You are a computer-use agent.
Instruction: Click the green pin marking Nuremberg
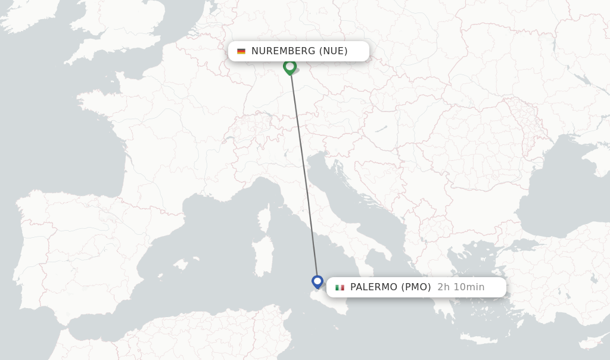coord(290,66)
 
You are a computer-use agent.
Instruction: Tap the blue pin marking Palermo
coord(318,281)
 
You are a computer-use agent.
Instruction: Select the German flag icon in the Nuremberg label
coord(241,51)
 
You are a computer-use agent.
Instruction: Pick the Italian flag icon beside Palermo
coord(340,287)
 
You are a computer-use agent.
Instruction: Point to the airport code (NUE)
coord(334,51)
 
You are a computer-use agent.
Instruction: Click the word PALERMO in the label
coord(374,287)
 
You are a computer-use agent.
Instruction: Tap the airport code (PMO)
coord(416,287)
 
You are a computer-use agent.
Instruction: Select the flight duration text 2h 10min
coord(461,287)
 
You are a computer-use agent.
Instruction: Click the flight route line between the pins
coord(304,173)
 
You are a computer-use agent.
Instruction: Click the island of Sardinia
coord(261,256)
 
